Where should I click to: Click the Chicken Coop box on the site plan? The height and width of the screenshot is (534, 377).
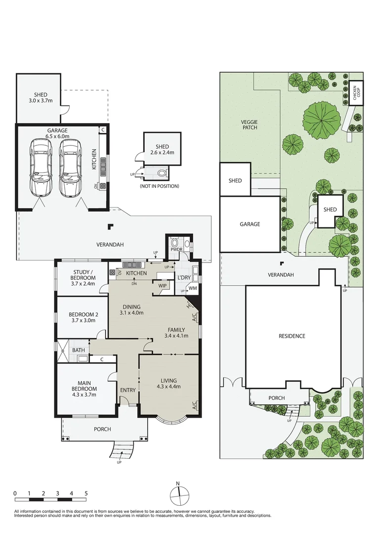(356, 92)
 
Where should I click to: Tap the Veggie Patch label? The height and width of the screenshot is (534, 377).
(250, 125)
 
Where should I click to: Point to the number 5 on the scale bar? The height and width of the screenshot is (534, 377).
(86, 493)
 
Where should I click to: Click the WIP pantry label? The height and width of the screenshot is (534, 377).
(162, 285)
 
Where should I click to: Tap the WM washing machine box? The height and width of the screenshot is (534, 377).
(193, 288)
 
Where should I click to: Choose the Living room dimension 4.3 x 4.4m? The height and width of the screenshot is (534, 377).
(169, 387)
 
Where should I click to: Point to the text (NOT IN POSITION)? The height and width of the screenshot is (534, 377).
(159, 186)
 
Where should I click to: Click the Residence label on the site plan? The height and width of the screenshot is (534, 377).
(292, 336)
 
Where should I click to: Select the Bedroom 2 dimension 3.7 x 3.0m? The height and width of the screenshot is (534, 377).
(83, 320)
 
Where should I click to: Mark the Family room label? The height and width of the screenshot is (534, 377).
(176, 330)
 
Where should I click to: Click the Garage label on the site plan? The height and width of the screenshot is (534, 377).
(250, 224)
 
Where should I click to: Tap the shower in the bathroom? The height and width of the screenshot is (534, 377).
(63, 351)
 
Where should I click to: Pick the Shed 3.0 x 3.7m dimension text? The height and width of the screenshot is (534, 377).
(41, 100)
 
